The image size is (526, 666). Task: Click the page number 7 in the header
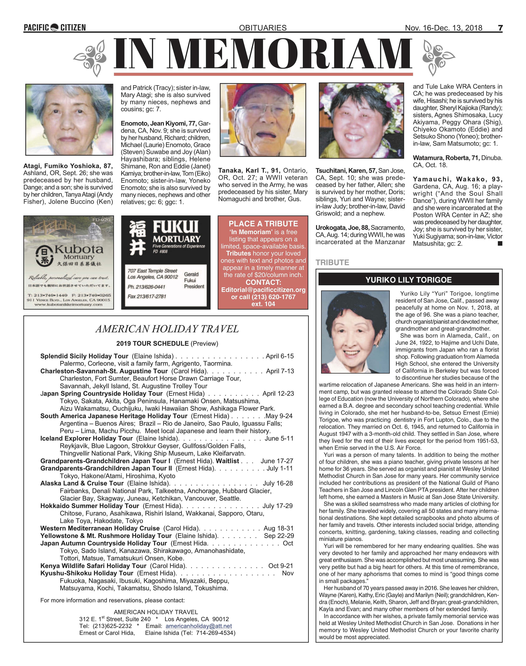[500, 28]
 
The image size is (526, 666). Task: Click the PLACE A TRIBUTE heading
[263, 224]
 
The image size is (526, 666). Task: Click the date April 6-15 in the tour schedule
[280, 356]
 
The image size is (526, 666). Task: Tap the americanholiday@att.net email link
[199, 626]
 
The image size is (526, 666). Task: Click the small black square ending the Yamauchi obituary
[500, 243]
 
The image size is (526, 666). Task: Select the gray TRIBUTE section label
[332, 263]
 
